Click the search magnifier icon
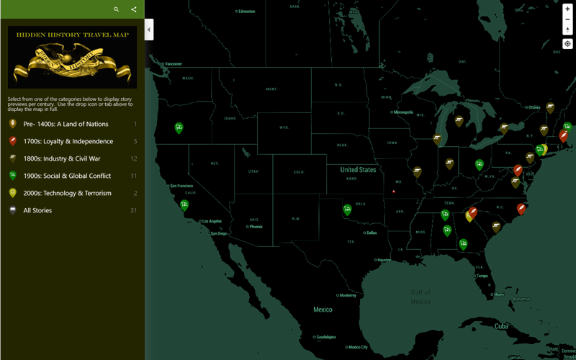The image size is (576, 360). pyautogui.click(x=117, y=9)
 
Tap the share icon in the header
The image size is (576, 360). pyautogui.click(x=134, y=9)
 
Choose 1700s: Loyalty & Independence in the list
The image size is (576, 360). pyautogui.click(x=68, y=141)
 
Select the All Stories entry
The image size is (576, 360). pyautogui.click(x=37, y=210)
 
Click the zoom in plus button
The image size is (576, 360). pyautogui.click(x=567, y=9)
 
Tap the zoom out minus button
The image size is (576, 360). pyautogui.click(x=567, y=19)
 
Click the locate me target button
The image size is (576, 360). pyautogui.click(x=567, y=44)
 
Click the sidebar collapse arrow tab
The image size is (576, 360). pyautogui.click(x=149, y=30)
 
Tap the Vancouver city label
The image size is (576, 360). pyautogui.click(x=174, y=64)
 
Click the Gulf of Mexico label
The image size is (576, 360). pyautogui.click(x=421, y=296)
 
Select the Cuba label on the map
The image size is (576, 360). pyautogui.click(x=501, y=326)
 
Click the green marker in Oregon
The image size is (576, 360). pyautogui.click(x=179, y=128)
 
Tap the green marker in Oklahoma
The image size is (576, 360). pyautogui.click(x=348, y=210)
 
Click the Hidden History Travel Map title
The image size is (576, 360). pyautogui.click(x=72, y=35)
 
